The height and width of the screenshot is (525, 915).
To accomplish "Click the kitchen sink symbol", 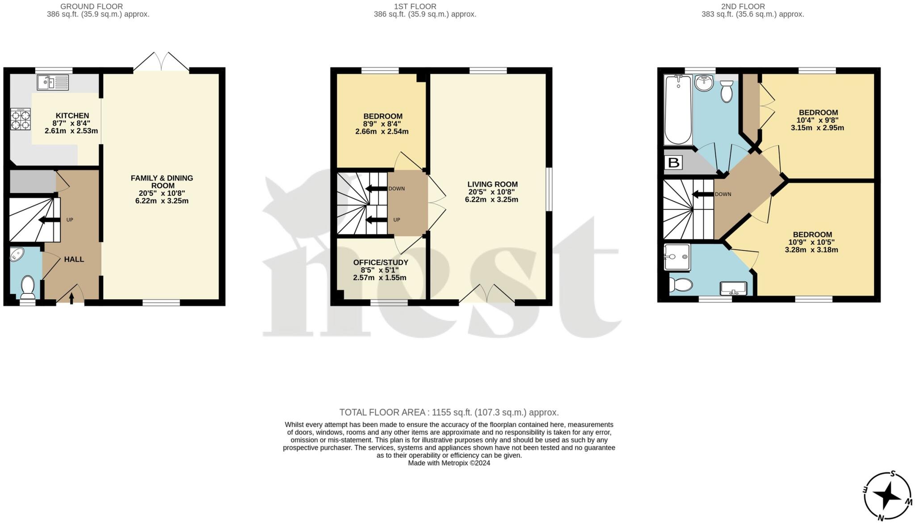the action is coord(53,82).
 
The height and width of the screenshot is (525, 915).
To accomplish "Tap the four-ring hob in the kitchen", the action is coord(21,119).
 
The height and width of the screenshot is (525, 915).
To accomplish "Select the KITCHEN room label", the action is coord(72,116).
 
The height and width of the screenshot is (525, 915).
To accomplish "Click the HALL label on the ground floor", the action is coord(74,259).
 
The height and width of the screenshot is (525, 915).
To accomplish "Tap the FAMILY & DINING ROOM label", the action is coord(162,182).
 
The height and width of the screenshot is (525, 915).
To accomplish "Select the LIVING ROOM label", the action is coord(492,184).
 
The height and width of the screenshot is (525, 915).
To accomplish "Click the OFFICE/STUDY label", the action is coord(381,262).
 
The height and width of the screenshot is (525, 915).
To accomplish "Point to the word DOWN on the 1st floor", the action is coord(396,189).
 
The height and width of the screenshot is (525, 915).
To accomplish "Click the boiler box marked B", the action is coord(674,162).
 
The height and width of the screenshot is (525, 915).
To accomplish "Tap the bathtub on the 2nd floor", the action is coord(678,110).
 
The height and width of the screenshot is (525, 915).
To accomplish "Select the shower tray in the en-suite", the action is coord(677,257).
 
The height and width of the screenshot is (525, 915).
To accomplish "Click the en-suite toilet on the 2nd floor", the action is coord(680,285).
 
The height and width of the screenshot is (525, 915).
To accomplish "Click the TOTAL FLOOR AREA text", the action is coord(449,412).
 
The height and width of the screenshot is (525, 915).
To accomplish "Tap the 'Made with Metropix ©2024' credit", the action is coord(449,463).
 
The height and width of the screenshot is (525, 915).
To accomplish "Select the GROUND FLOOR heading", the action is coord(92,6).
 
